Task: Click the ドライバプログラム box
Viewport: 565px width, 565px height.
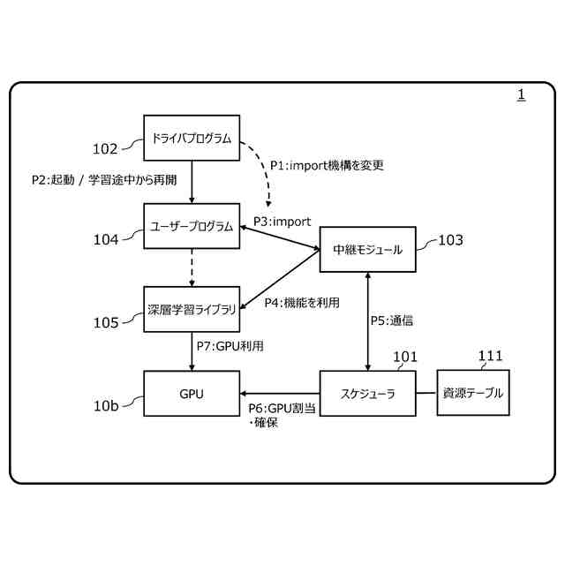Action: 192,139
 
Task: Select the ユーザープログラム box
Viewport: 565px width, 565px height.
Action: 192,226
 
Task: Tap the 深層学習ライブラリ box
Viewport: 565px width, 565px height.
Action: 192,310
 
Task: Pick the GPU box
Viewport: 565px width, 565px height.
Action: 192,394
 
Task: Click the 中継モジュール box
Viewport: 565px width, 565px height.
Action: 367,249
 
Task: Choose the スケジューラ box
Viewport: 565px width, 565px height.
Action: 367,394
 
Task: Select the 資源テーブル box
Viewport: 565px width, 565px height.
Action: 473,394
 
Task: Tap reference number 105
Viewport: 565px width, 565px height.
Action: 105,323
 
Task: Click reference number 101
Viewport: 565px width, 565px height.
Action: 405,357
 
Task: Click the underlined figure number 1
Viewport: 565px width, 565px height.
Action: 521,94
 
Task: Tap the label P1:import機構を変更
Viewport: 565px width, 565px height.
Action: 327,165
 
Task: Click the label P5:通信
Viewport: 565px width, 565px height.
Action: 391,320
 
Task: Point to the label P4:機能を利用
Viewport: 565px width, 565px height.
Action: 302,302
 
